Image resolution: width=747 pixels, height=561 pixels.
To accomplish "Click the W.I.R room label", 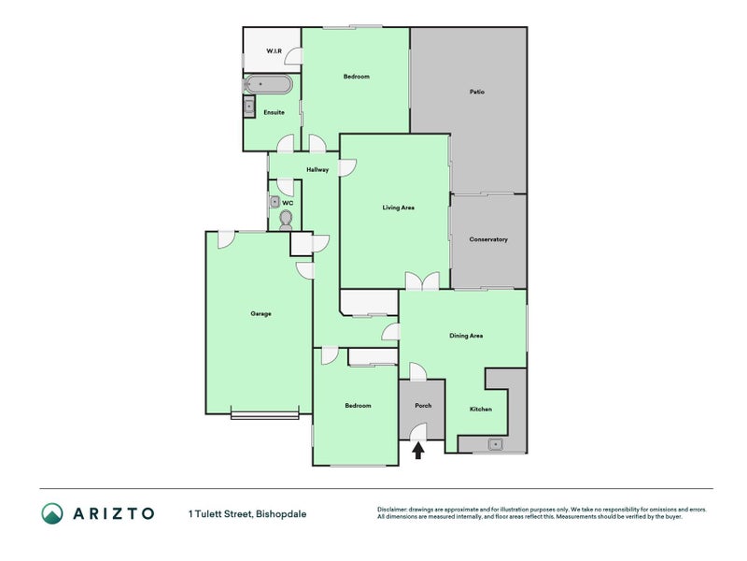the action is click(274, 51).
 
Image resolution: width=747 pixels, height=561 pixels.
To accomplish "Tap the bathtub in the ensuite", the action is click(268, 84).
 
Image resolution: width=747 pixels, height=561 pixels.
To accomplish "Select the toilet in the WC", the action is click(286, 221).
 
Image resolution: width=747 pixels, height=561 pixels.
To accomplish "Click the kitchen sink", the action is click(496, 445).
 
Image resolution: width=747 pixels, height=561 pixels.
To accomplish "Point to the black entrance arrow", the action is click(418, 451).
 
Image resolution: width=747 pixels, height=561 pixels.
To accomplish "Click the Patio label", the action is click(477, 92).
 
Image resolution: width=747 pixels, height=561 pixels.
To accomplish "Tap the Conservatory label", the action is click(488, 239).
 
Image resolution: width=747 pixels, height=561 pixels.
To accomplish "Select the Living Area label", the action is click(399, 208).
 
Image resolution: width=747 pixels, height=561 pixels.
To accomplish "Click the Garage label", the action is click(261, 314).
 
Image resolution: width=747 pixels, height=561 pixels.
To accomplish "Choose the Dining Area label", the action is click(466, 336).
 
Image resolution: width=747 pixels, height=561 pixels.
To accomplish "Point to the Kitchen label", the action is click(481, 410).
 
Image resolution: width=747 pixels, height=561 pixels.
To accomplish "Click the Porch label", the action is click(423, 406).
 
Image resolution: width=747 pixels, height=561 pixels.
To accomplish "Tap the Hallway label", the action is click(317, 170).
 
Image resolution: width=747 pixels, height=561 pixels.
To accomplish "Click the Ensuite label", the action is click(274, 112).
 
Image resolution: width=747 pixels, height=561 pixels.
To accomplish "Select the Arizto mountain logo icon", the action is click(52, 513).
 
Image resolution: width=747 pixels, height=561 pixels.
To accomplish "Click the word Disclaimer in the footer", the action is click(392, 510).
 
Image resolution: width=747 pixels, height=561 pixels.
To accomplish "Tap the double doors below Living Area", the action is click(422, 281).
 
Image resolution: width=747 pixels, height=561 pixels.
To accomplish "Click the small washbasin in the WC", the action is click(275, 202).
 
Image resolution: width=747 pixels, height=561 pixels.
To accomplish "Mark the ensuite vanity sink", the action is click(249, 107).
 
